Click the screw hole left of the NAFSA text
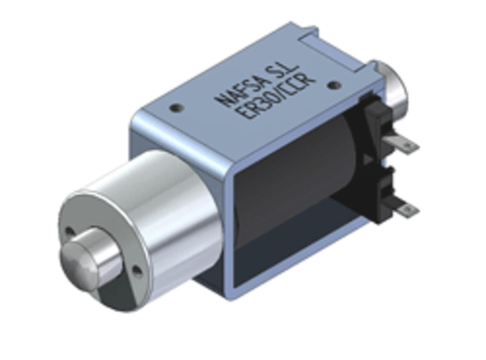click(x=177, y=107)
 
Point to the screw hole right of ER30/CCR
click(x=333, y=85)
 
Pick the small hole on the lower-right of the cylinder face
click(x=137, y=270)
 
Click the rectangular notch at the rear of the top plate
click(x=334, y=49)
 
